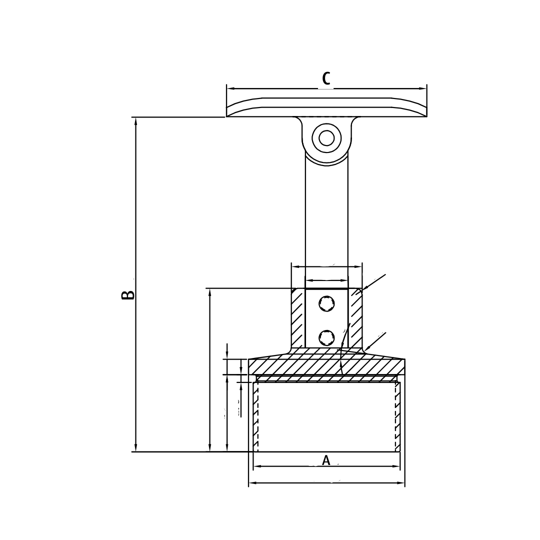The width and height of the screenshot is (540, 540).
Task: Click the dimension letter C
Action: coord(326,78)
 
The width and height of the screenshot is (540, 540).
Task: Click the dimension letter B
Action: coord(128,294)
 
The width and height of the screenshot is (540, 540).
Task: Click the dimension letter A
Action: coord(326,460)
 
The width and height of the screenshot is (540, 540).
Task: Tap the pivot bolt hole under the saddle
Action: coord(326,137)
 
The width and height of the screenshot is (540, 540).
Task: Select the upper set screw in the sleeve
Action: coord(326,303)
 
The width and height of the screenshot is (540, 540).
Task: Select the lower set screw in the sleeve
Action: coord(326,337)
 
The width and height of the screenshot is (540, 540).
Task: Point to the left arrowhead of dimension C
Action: coord(230,88)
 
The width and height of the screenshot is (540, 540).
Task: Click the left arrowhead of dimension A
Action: coord(257,467)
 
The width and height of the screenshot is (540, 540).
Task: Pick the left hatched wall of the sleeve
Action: coord(297,318)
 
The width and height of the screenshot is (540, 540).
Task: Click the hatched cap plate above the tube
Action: coord(326,366)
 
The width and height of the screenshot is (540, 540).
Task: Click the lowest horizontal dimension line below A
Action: coord(326,483)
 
